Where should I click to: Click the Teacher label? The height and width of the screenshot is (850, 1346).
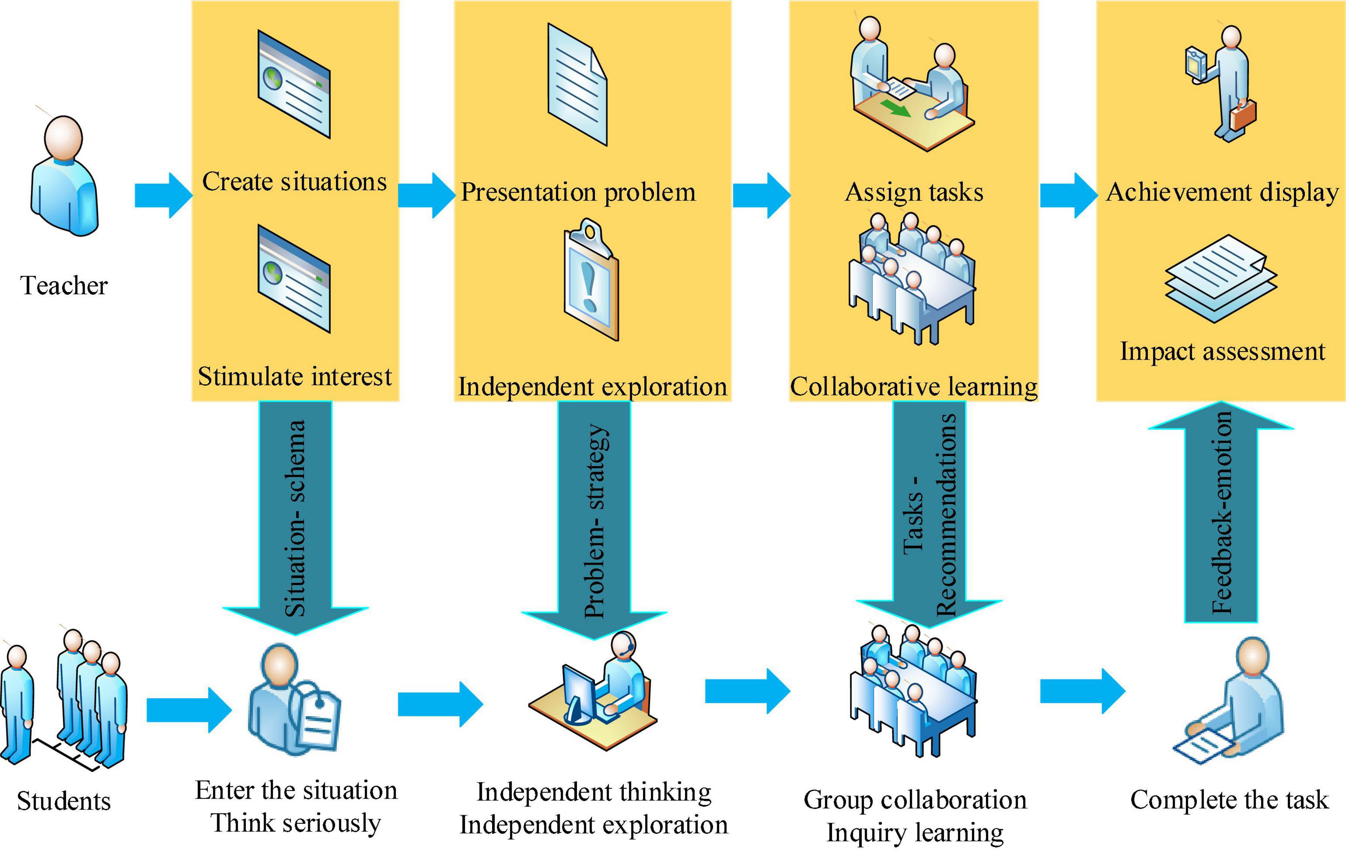tap(64, 286)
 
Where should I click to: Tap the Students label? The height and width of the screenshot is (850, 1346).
tap(64, 801)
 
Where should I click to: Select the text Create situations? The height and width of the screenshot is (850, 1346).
tap(295, 182)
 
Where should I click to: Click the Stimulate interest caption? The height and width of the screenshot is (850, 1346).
tap(295, 377)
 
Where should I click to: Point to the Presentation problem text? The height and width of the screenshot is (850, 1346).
tap(578, 192)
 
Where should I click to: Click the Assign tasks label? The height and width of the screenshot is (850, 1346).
tap(914, 192)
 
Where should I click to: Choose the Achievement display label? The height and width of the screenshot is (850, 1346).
tap(1223, 192)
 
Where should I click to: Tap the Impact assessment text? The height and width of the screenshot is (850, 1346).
tap(1223, 352)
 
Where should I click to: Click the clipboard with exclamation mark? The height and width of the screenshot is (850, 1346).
tap(591, 280)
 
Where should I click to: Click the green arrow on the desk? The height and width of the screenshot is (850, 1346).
tap(895, 108)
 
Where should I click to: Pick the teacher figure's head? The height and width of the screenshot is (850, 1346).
tap(63, 138)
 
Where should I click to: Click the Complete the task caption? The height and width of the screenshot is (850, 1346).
tap(1229, 800)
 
